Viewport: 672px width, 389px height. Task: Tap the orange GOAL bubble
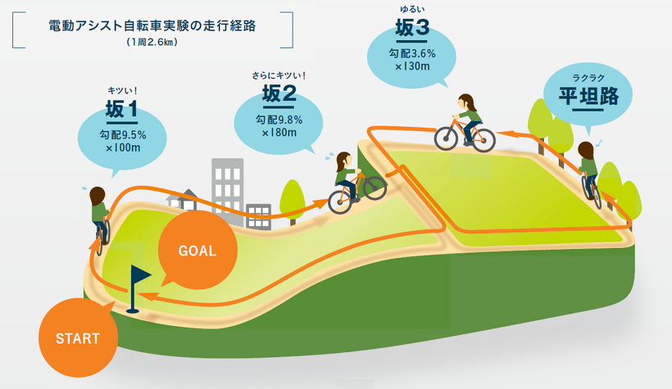pyautogui.click(x=197, y=251)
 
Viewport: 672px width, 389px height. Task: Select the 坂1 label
pyautogui.click(x=121, y=109)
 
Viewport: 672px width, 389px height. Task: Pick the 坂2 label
pyautogui.click(x=279, y=97)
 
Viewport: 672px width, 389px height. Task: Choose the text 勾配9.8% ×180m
pyautogui.click(x=279, y=125)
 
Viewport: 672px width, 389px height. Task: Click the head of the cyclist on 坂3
pyautogui.click(x=467, y=101)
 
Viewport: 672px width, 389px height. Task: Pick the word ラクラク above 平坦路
pyautogui.click(x=588, y=78)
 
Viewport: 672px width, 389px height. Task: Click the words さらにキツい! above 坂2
pyautogui.click(x=279, y=77)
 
